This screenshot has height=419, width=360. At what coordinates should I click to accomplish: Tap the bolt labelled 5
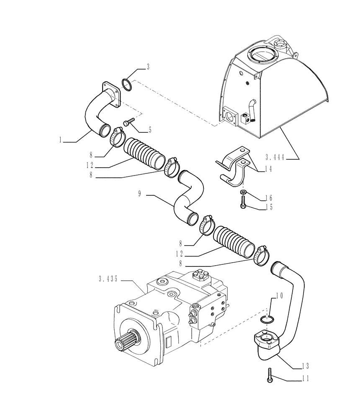click(128, 122)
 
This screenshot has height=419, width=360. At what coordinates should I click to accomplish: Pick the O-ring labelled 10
click(266, 320)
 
